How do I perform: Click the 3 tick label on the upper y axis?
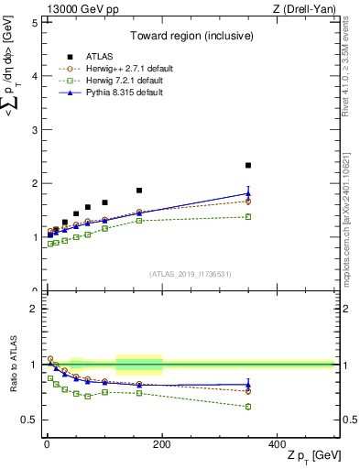point(34,130)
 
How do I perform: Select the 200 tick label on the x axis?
point(162,442)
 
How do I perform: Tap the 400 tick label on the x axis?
point(278,442)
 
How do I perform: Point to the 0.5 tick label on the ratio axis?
point(29,420)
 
